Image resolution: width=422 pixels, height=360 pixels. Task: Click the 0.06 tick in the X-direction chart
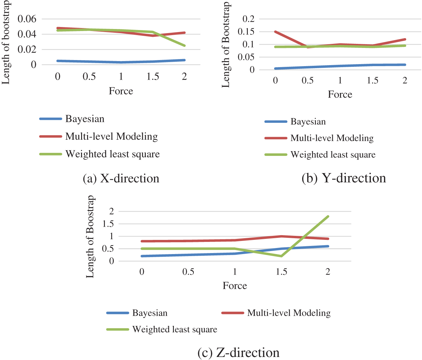(x=27, y=19)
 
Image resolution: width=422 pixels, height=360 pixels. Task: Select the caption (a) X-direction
(x=121, y=178)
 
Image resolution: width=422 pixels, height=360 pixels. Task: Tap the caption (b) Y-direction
(x=344, y=178)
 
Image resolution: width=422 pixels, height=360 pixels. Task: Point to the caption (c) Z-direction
(x=238, y=353)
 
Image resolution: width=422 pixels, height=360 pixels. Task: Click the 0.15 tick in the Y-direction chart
(x=246, y=32)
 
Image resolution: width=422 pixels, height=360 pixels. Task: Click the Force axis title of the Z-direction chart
(x=235, y=286)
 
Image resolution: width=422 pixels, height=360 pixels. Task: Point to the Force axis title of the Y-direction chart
(x=340, y=94)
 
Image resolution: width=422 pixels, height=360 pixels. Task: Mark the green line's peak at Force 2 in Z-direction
(x=328, y=216)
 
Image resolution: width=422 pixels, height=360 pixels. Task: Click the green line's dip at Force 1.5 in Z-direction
(x=281, y=256)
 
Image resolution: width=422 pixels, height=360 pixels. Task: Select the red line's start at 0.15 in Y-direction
(x=275, y=32)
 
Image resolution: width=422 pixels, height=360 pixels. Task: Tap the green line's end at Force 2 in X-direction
(x=184, y=46)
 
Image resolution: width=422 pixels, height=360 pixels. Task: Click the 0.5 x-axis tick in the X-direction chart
(x=89, y=77)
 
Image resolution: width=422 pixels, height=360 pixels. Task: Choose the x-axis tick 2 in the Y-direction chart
(x=405, y=80)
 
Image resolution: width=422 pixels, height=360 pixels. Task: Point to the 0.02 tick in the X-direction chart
(x=27, y=49)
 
